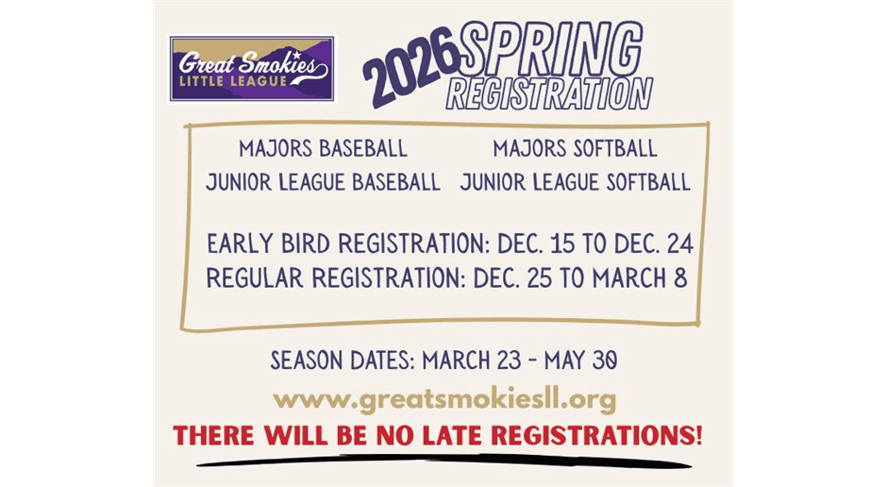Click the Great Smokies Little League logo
coord(252,70)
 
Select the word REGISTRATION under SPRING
coord(549,94)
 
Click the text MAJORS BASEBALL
coord(323,149)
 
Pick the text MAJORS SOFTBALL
coord(575,149)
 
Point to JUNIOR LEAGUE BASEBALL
coord(323,182)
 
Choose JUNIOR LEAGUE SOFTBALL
coord(575,182)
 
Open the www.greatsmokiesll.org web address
coord(443,400)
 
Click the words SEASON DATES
coord(342,361)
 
